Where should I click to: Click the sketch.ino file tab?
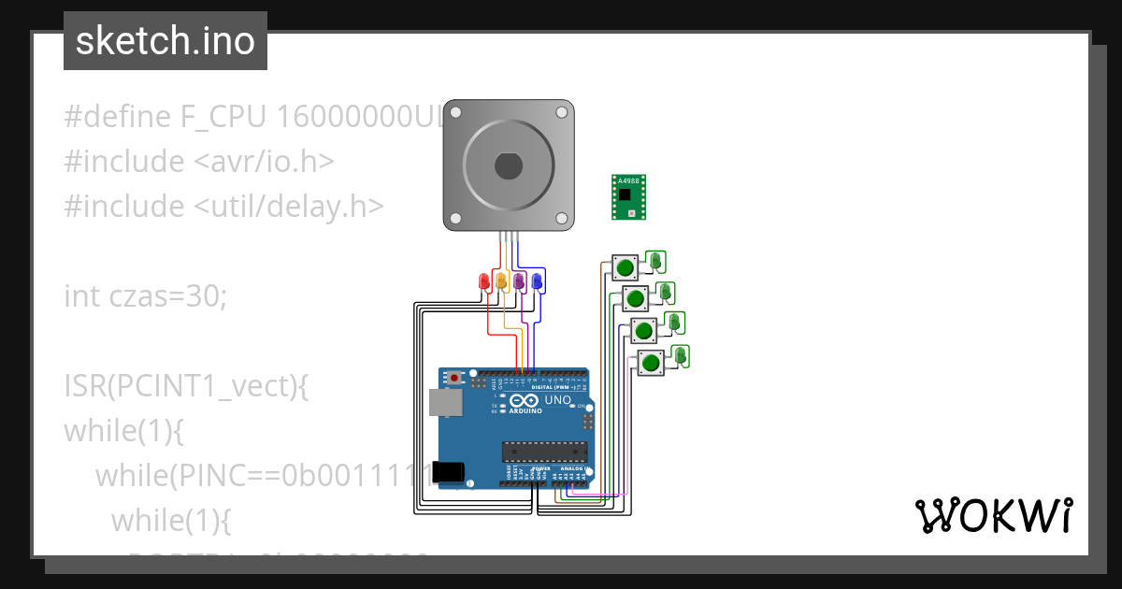coord(165,41)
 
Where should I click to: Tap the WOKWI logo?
coord(993,515)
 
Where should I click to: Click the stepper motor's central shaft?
coord(508,165)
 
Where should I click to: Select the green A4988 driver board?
coord(630,196)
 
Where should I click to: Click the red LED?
coord(484,280)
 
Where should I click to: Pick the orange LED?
coord(501,280)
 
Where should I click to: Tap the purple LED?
coord(519,280)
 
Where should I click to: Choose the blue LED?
coord(537,280)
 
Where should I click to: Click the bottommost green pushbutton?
coord(650,362)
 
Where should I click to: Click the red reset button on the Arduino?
coord(455,378)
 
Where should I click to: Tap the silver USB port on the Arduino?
coord(444,402)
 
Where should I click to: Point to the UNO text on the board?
coord(557,400)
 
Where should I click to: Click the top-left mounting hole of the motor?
coord(455,112)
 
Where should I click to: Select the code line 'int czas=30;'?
coord(145,296)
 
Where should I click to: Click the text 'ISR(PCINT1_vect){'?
coord(186,385)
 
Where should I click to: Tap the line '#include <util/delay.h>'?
coord(223,207)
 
